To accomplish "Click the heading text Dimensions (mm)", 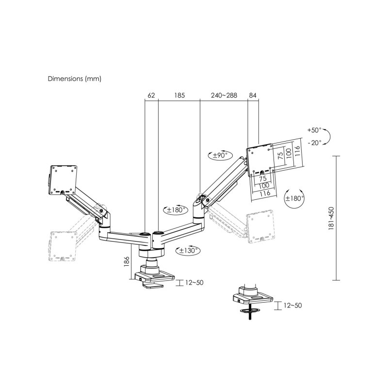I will point(74,78).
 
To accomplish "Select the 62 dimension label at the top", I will point(151,96).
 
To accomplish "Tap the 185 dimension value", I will point(179,96).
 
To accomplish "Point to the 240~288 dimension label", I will point(224,96).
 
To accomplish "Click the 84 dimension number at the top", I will point(252,96).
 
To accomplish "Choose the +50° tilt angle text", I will point(314,130).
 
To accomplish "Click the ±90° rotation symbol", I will point(218,156).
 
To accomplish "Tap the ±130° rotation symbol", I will point(187,251).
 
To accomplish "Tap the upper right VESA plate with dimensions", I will point(260,160).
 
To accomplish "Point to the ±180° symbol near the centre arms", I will point(173,210).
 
